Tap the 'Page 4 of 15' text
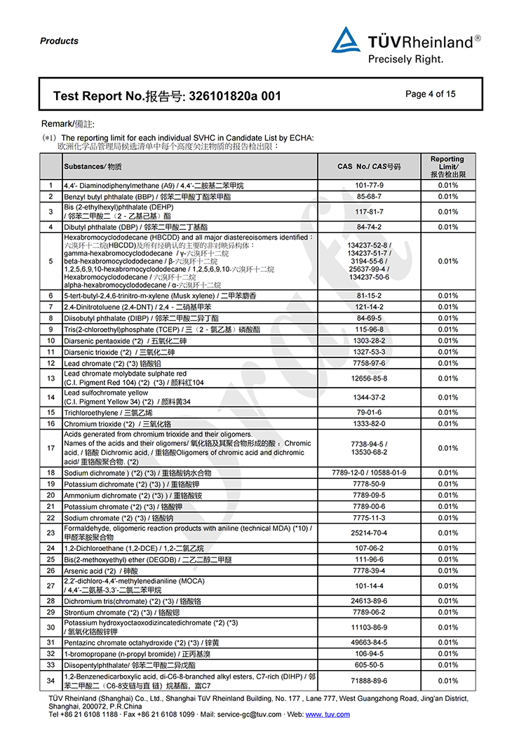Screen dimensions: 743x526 click(430, 94)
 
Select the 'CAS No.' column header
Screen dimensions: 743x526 click(368, 167)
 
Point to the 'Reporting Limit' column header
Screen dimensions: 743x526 click(447, 167)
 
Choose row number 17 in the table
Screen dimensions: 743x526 click(50, 448)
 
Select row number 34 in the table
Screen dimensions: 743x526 click(50, 681)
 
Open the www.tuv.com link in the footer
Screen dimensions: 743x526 click(328, 714)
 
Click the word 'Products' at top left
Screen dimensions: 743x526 click(59, 41)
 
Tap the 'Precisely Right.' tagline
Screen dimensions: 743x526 click(405, 60)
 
